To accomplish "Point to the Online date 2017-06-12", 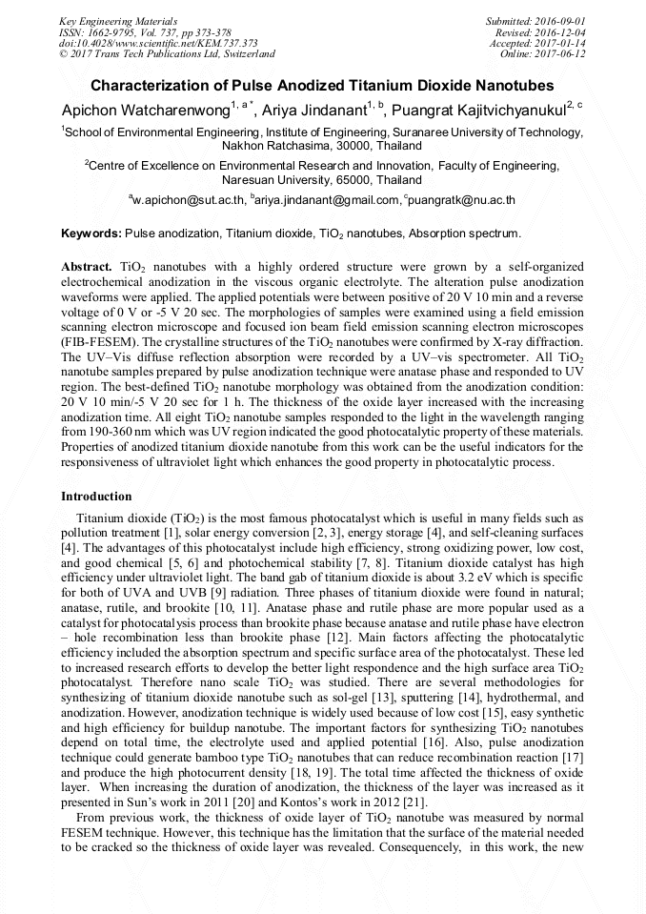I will pyautogui.click(x=562, y=53).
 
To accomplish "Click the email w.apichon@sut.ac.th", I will pyautogui.click(x=190, y=200).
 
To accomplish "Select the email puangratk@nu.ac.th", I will pyautogui.click(x=462, y=200).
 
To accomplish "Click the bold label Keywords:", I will pyautogui.click(x=91, y=234).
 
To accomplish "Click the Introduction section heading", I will pyautogui.click(x=96, y=497).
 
